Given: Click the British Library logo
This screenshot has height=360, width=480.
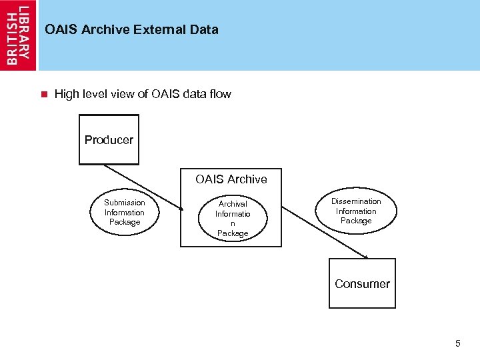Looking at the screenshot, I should click(19, 35).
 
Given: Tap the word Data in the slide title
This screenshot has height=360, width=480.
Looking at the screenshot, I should click(205, 29).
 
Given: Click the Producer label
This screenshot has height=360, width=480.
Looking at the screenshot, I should click(109, 140).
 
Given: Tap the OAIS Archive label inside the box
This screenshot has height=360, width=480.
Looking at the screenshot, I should click(231, 179).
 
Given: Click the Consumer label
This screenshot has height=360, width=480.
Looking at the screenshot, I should click(362, 284).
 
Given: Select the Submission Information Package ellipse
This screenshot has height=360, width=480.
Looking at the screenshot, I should click(124, 213).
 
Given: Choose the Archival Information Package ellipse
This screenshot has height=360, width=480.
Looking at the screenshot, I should click(232, 218).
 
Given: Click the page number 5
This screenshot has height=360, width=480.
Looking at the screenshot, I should click(457, 344).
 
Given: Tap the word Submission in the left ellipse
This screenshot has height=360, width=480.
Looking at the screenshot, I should click(124, 203).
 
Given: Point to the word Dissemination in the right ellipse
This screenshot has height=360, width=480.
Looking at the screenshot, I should click(356, 201).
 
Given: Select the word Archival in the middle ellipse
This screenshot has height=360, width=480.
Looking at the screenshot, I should click(233, 204).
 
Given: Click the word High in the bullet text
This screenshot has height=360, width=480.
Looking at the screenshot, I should click(67, 94).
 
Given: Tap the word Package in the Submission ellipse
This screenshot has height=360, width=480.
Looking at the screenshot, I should click(125, 222).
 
